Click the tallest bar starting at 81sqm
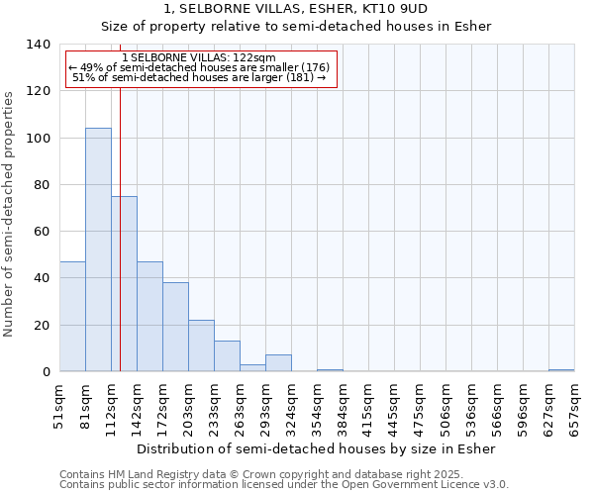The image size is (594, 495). [x=98, y=249]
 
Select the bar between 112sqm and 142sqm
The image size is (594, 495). [x=124, y=284]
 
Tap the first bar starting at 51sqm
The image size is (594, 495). [x=72, y=317]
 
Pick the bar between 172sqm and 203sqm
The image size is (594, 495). [x=175, y=327]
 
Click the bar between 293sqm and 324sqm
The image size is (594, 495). [x=278, y=363]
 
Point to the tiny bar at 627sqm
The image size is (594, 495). [x=561, y=370]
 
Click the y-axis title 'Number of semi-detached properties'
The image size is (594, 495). [x=10, y=213]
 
